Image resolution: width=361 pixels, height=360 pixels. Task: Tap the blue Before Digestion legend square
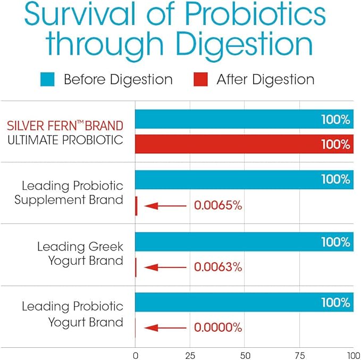47,80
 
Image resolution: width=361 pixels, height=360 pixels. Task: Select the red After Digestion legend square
200,80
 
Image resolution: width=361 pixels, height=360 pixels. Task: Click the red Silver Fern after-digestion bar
244,144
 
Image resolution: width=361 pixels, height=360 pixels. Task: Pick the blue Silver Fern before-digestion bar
244,119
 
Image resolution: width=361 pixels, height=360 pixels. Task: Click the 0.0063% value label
218,267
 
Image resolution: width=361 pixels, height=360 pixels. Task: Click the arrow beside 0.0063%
165,267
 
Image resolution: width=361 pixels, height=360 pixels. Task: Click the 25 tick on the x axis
189,355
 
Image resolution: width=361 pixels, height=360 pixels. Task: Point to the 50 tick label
245,355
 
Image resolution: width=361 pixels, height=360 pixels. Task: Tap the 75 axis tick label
299,355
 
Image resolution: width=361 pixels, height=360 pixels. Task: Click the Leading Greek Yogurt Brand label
80,254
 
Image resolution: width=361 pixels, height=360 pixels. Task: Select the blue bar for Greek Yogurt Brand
244,242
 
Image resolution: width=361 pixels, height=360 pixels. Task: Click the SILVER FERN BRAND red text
65,127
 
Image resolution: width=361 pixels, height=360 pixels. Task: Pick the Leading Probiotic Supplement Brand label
69,193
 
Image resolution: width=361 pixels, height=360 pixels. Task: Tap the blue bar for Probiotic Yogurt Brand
244,303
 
